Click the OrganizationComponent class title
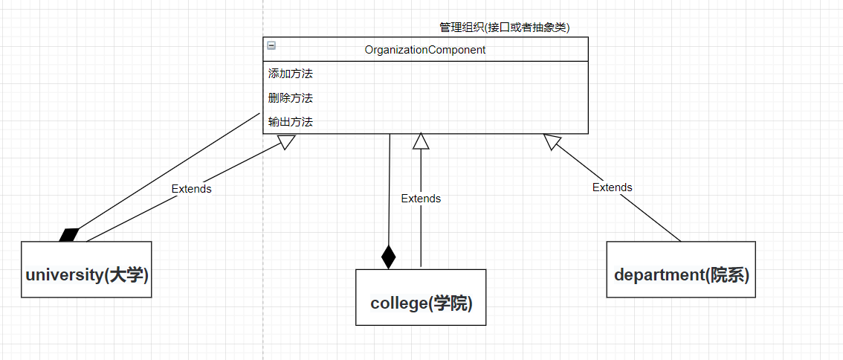point(424,50)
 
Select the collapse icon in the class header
point(271,46)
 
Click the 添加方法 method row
point(290,74)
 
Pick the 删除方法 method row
point(290,97)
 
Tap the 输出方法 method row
point(290,121)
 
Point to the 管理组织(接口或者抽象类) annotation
point(504,28)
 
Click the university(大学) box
point(86,269)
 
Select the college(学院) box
point(421,298)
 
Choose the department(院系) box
point(681,269)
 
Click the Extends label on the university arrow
point(191,189)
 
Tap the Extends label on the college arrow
point(421,199)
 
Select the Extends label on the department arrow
point(612,187)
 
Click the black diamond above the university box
point(69,235)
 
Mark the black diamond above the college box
point(388,257)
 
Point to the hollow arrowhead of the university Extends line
point(287,141)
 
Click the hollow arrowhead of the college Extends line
point(421,141)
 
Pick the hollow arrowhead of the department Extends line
point(552,141)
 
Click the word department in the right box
point(658,274)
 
